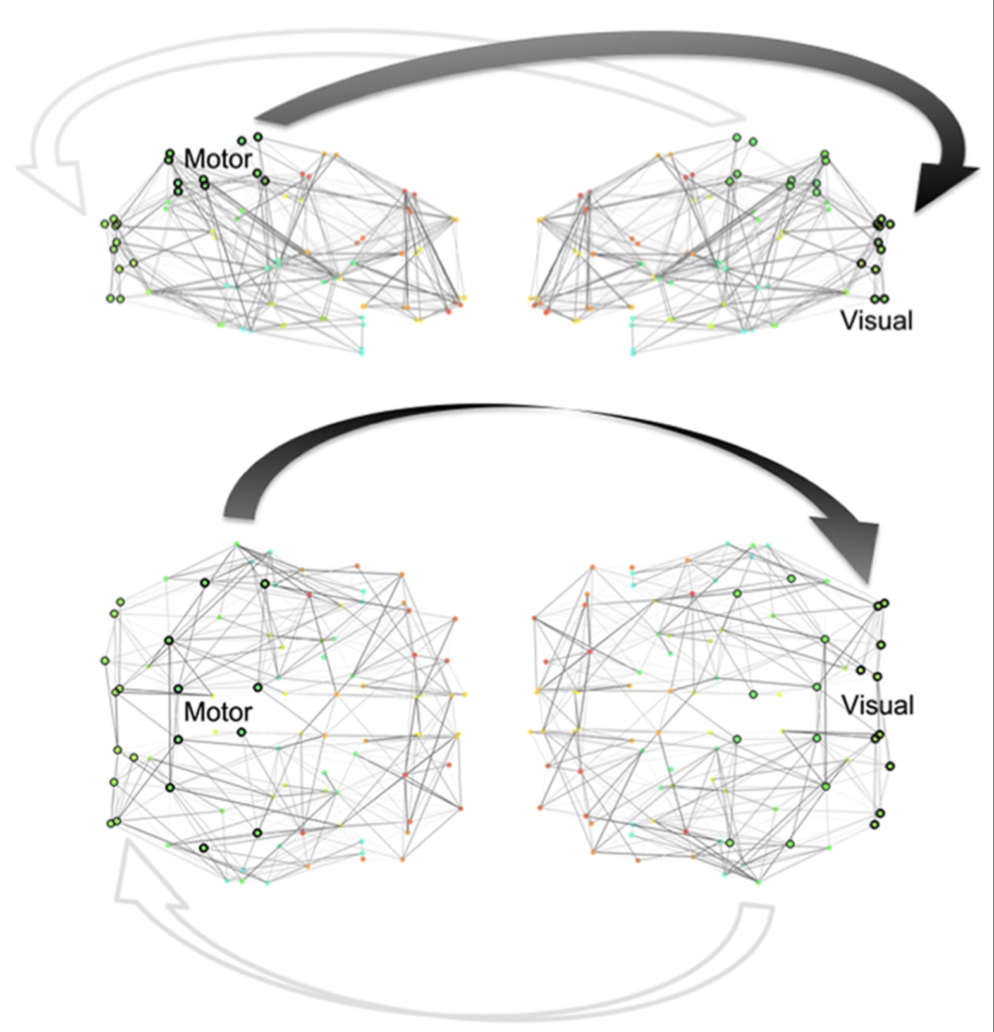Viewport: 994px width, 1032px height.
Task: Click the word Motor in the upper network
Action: coord(218,159)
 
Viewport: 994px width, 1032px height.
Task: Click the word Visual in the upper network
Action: coord(876,321)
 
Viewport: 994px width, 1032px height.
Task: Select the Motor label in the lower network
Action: coord(218,712)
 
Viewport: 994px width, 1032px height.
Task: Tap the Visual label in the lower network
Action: coord(878,705)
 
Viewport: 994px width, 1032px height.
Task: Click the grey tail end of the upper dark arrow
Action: coord(266,118)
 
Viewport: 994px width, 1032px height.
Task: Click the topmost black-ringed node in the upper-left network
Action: coord(258,137)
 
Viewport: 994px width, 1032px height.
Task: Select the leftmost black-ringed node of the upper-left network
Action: coord(104,224)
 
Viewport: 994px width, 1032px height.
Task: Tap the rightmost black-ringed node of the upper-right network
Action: coord(890,224)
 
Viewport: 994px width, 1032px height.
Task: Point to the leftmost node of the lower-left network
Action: coord(104,661)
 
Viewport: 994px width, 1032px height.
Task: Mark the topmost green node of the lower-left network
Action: coord(237,544)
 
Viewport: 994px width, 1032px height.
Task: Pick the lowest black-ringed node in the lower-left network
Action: coord(204,848)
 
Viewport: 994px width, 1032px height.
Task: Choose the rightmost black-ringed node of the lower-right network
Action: coord(890,766)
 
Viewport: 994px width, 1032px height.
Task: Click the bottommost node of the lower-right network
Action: coord(759,881)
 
